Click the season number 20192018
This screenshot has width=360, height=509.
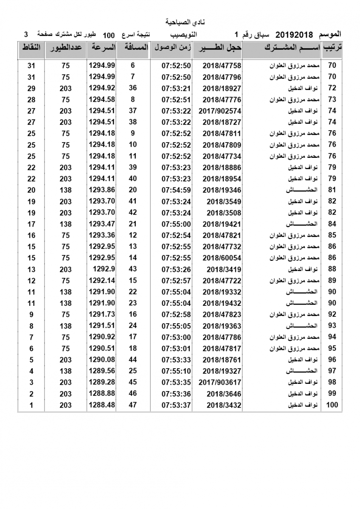tap(294, 34)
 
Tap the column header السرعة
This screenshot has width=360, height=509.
tap(102, 48)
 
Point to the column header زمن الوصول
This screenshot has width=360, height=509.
tap(171, 48)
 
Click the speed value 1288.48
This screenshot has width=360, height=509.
tap(102, 405)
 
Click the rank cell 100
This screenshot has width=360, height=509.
tap(332, 405)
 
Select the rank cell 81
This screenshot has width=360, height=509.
tap(332, 190)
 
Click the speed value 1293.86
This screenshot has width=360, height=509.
tap(102, 190)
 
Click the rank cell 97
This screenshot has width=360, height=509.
tap(332, 371)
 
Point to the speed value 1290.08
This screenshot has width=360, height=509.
tap(102, 360)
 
